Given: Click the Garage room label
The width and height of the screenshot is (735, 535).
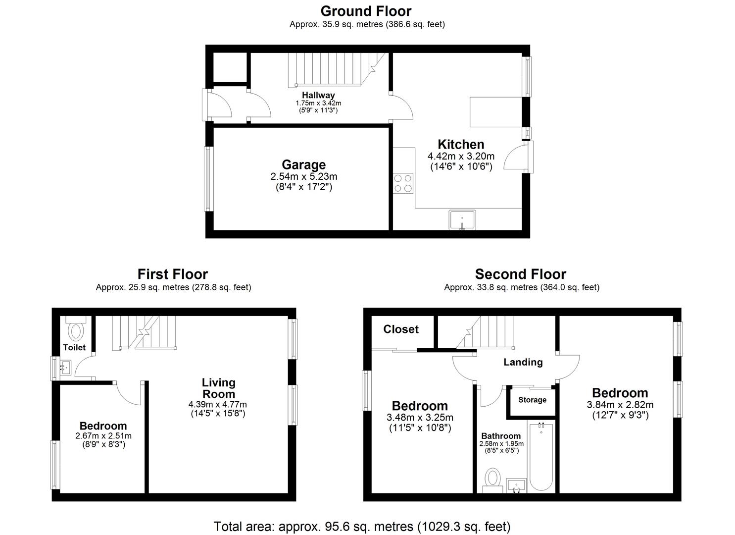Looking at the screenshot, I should point(303,164).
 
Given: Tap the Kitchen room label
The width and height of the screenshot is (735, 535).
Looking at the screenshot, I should point(461,145).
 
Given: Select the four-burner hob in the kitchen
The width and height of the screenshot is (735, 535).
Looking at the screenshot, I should point(403,183).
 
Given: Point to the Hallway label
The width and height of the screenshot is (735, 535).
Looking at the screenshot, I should point(318,95).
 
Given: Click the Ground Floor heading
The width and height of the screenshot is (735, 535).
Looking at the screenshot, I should point(366,11).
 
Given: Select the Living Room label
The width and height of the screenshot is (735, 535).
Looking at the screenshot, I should point(218,388).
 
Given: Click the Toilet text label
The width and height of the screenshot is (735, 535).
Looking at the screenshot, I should point(74,348).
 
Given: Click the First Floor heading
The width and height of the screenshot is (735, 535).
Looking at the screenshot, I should point(172,274).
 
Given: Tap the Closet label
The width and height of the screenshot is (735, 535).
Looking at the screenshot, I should point(401,329).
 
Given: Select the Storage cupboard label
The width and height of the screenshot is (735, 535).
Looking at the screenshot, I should point(533,400).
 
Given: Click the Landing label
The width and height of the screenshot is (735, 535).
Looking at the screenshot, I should point(523,362).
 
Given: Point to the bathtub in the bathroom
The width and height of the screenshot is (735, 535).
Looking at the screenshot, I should point(541,456).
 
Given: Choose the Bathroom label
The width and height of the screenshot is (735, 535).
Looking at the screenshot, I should point(501,436).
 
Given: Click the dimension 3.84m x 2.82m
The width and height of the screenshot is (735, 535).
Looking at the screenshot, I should point(620,405).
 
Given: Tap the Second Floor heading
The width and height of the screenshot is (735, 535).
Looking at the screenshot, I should point(520,274).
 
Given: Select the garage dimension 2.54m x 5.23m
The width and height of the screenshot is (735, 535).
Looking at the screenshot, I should point(303,176).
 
